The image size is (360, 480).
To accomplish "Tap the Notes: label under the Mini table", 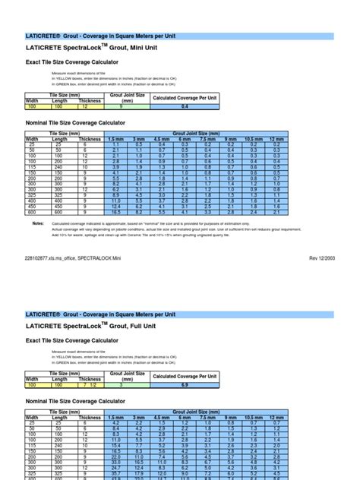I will [x=38, y=224].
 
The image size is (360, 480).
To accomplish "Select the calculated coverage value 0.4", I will [x=185, y=108].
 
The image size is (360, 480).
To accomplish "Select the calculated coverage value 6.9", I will [x=185, y=386].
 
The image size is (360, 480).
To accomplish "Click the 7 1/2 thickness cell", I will [x=89, y=386].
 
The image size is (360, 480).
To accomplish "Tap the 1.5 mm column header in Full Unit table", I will [x=116, y=418].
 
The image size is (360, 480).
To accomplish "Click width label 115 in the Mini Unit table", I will [x=32, y=167].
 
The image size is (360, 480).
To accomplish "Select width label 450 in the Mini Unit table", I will [x=32, y=206].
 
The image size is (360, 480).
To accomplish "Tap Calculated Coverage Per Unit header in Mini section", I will [x=185, y=99].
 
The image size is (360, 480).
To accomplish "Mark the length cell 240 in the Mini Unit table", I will [x=59, y=167].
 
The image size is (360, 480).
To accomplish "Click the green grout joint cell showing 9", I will [x=127, y=108].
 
